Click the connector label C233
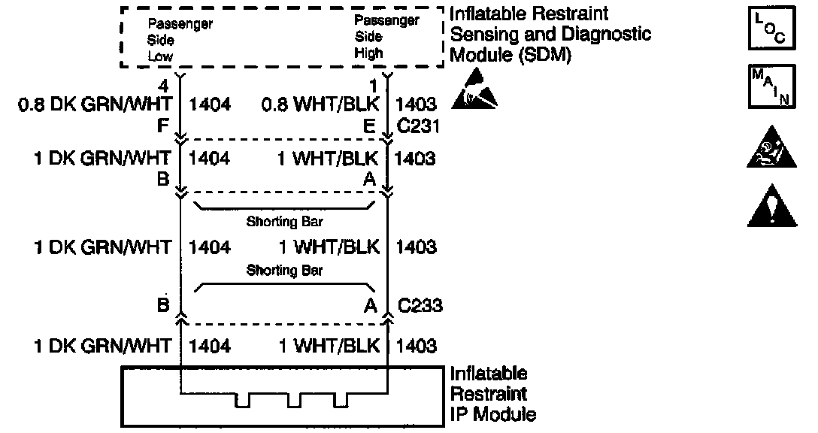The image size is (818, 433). (x=420, y=305)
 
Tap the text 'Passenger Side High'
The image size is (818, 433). (x=386, y=37)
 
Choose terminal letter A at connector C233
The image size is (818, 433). (x=369, y=305)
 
